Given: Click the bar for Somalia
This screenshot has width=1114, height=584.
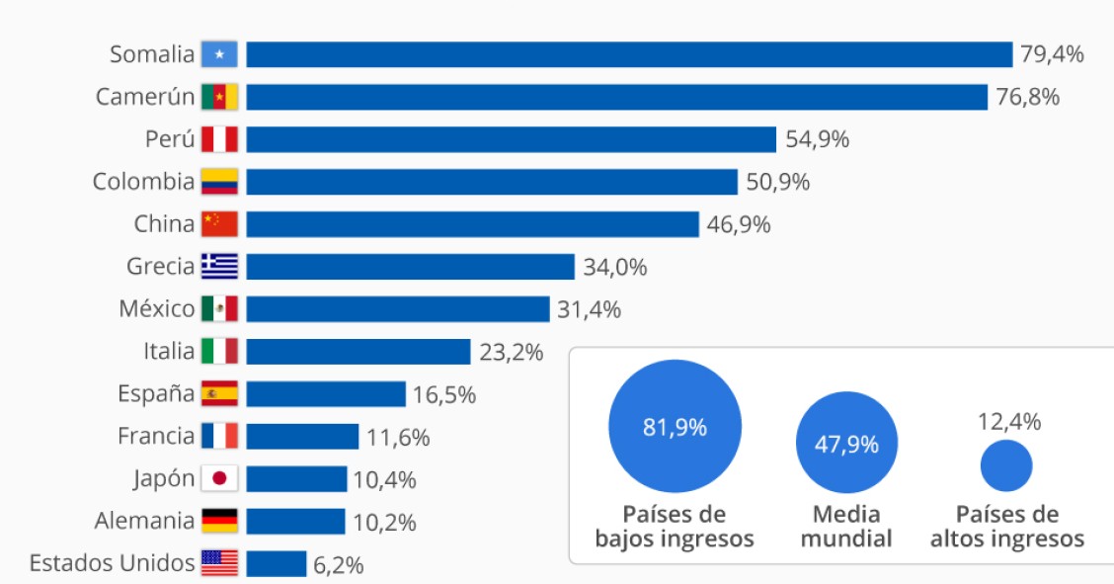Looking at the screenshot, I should point(629,54).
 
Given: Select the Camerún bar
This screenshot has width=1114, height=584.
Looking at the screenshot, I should point(616,97).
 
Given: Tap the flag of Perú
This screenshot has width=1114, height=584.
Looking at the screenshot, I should point(219,139).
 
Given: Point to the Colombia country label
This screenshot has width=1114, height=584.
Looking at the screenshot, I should point(143,182).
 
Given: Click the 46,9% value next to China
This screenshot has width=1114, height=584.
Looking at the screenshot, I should point(739,224).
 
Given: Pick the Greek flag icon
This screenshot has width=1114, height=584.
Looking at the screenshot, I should point(219,267).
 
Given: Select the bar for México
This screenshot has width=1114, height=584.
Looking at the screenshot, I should point(397,309).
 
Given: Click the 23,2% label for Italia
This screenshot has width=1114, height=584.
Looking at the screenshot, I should point(511,352).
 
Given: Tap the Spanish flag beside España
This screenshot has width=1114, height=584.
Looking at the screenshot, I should point(219,394).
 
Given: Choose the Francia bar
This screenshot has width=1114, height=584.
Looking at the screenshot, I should point(302,437).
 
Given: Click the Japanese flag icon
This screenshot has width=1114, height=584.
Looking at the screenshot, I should point(219,479).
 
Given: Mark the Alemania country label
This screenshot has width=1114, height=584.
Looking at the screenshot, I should point(144,521).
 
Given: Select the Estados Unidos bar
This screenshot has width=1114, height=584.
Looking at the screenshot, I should point(277,564).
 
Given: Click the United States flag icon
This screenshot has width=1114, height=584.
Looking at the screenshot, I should point(219,563).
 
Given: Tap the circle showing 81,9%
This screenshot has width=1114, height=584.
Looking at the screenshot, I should point(675,427).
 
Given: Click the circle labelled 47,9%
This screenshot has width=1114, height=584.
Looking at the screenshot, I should point(846,444).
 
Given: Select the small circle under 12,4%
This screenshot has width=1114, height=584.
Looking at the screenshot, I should point(1006,464).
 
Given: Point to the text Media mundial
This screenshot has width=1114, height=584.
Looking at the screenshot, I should point(846,527).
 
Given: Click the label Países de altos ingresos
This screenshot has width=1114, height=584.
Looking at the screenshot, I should point(1006,527).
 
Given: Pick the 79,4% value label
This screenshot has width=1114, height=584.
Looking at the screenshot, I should point(1052,54).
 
